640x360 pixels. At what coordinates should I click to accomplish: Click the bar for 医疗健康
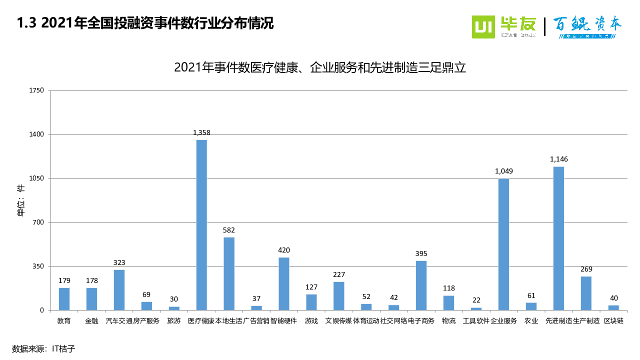201,225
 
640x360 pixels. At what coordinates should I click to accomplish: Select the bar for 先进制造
558,238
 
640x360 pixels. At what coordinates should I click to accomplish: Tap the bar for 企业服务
503,244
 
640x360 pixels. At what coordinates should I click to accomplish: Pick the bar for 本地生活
229,273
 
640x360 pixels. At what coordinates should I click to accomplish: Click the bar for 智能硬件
284,283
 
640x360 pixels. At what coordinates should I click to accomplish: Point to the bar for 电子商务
421,285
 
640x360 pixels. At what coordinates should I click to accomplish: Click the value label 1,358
201,132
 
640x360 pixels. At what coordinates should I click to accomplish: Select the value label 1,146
558,159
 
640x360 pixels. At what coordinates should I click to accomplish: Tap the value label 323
119,262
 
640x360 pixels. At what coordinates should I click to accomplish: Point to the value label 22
476,300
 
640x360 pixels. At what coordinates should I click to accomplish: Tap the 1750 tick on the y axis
37,90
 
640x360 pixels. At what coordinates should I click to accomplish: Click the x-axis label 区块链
613,321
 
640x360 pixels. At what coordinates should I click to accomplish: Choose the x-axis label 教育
64,321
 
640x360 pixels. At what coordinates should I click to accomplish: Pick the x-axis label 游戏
311,321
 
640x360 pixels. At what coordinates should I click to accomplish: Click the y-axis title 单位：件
21,200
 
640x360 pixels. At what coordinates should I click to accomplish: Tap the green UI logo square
483,27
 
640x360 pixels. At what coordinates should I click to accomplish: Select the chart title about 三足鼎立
320,67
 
